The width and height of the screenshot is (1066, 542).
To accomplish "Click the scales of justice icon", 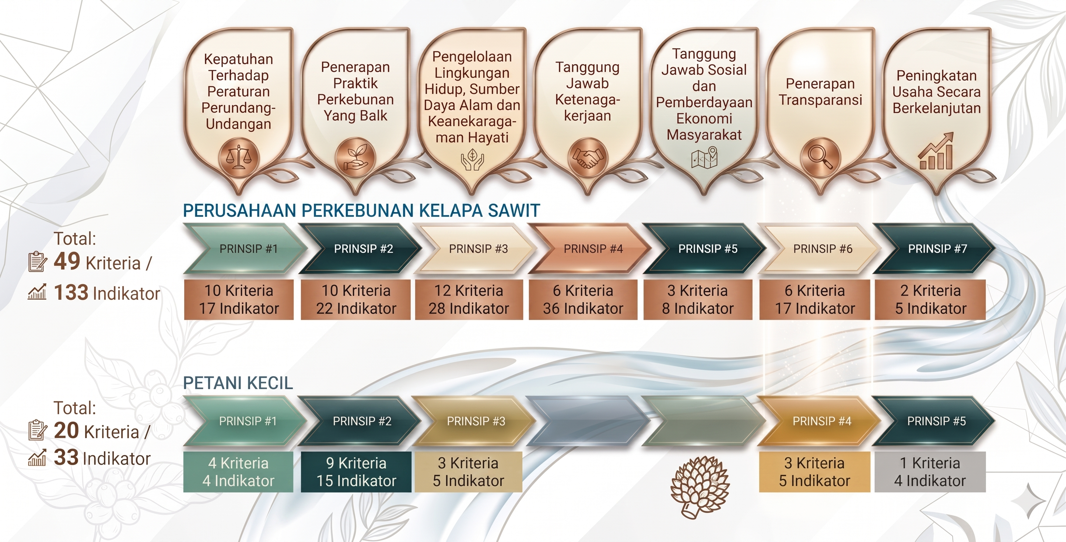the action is click(x=238, y=158).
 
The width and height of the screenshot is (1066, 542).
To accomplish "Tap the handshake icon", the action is click(x=588, y=158).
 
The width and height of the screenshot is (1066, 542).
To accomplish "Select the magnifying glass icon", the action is click(x=821, y=158).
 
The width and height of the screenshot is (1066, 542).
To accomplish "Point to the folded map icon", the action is click(x=704, y=158).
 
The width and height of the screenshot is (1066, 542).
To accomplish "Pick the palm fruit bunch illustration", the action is click(x=700, y=486).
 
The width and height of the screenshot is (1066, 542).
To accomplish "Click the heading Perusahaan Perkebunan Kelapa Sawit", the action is click(x=361, y=210).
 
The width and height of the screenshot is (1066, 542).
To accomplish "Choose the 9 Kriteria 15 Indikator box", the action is click(x=356, y=472).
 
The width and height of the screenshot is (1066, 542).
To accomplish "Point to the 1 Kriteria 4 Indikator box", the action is click(x=930, y=472).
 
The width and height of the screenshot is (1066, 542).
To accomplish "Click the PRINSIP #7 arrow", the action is click(x=933, y=248).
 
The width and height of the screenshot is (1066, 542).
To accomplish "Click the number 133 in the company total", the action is click(x=71, y=292).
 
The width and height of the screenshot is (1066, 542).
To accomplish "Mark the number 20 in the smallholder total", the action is click(x=66, y=430).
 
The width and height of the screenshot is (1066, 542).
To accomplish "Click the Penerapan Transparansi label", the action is click(x=820, y=91).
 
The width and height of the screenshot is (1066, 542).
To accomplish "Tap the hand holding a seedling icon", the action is click(x=355, y=158).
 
